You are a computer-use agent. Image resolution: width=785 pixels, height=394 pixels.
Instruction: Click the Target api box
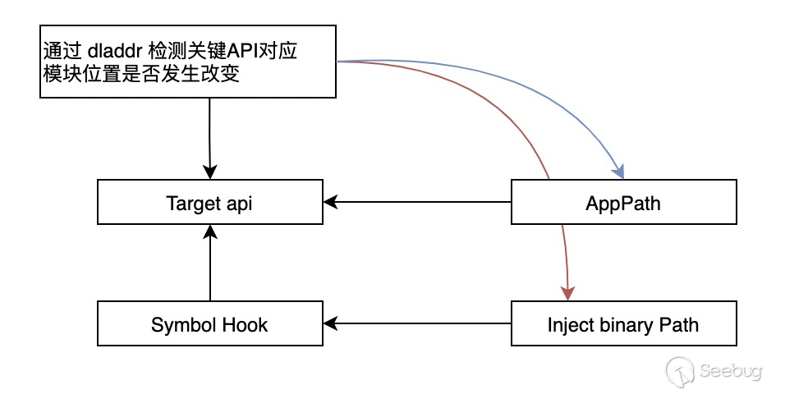(x=209, y=203)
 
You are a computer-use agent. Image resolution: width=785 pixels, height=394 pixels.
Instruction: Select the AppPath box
(x=623, y=203)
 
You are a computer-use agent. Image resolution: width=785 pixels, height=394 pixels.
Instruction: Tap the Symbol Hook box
(x=209, y=324)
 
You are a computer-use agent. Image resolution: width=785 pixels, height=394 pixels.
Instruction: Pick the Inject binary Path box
(x=623, y=324)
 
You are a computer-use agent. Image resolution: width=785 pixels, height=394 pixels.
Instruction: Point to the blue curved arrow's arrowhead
(x=619, y=172)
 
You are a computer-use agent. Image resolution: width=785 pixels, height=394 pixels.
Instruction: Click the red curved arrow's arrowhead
(x=567, y=293)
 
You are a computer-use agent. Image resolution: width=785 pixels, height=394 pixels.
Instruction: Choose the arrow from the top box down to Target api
(x=210, y=140)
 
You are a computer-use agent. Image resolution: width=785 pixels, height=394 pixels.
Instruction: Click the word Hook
(x=246, y=324)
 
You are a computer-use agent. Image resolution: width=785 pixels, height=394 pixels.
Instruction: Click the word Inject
(x=568, y=325)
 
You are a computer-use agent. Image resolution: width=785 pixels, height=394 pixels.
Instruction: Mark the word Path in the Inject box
(x=678, y=324)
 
